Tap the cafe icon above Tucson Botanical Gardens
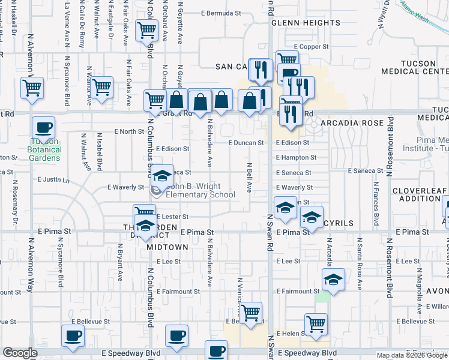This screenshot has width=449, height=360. [43, 128]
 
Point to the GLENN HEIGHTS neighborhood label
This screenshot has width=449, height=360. [306, 23]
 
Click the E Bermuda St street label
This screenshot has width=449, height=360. [221, 12]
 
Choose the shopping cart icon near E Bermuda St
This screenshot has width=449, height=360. [147, 30]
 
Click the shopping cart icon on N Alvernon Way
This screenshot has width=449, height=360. [32, 88]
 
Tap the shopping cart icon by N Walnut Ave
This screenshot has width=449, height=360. [102, 88]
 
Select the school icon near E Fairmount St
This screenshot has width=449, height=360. [333, 279]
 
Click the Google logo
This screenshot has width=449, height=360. [20, 353]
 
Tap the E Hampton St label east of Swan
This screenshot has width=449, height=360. [296, 158]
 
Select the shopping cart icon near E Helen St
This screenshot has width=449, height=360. [316, 324]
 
